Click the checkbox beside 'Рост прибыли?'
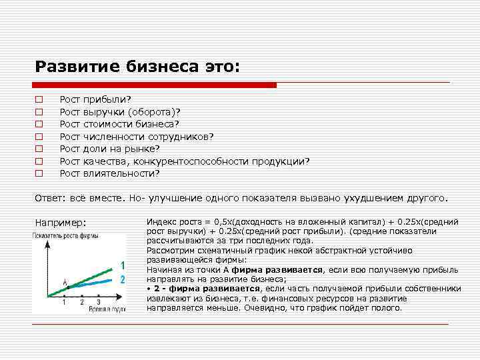(x=39, y=99)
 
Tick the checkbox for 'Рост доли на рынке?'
(x=39, y=149)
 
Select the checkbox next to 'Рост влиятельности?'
(x=39, y=173)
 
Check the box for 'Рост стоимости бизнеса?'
(x=39, y=124)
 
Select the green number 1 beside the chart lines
(x=122, y=265)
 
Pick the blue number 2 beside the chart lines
(x=122, y=280)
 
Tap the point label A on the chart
(x=65, y=282)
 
